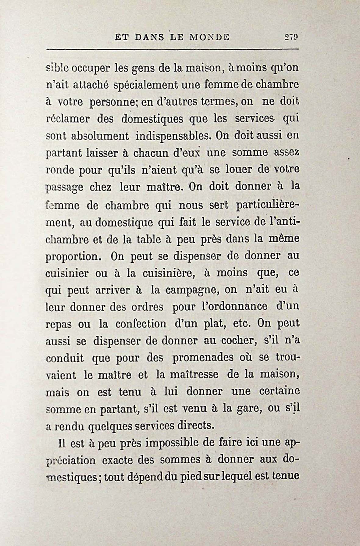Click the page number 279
click(291, 37)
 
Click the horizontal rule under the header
click(172, 49)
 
